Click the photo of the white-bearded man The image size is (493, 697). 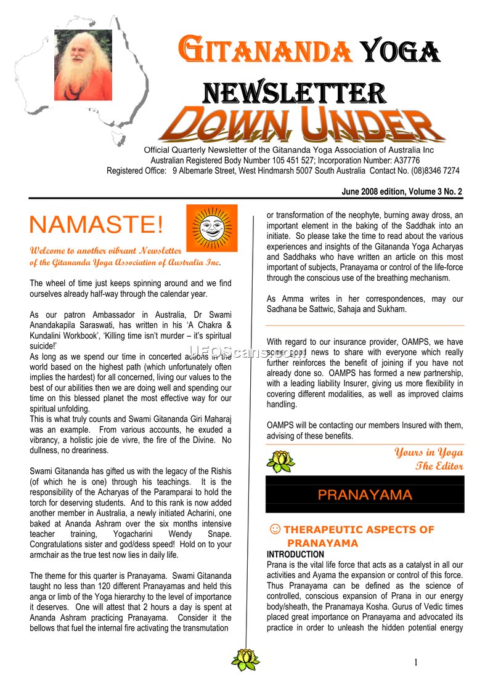[83, 65]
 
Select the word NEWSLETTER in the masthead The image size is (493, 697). [295, 93]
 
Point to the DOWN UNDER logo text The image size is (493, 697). [302, 125]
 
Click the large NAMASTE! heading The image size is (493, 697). [97, 225]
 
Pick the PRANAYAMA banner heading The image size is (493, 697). [365, 495]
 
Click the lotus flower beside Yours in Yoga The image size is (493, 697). [280, 460]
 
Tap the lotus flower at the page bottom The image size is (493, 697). [245, 659]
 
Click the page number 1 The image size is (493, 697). [416, 663]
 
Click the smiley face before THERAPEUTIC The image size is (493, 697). [276, 529]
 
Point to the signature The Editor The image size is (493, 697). [439, 465]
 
